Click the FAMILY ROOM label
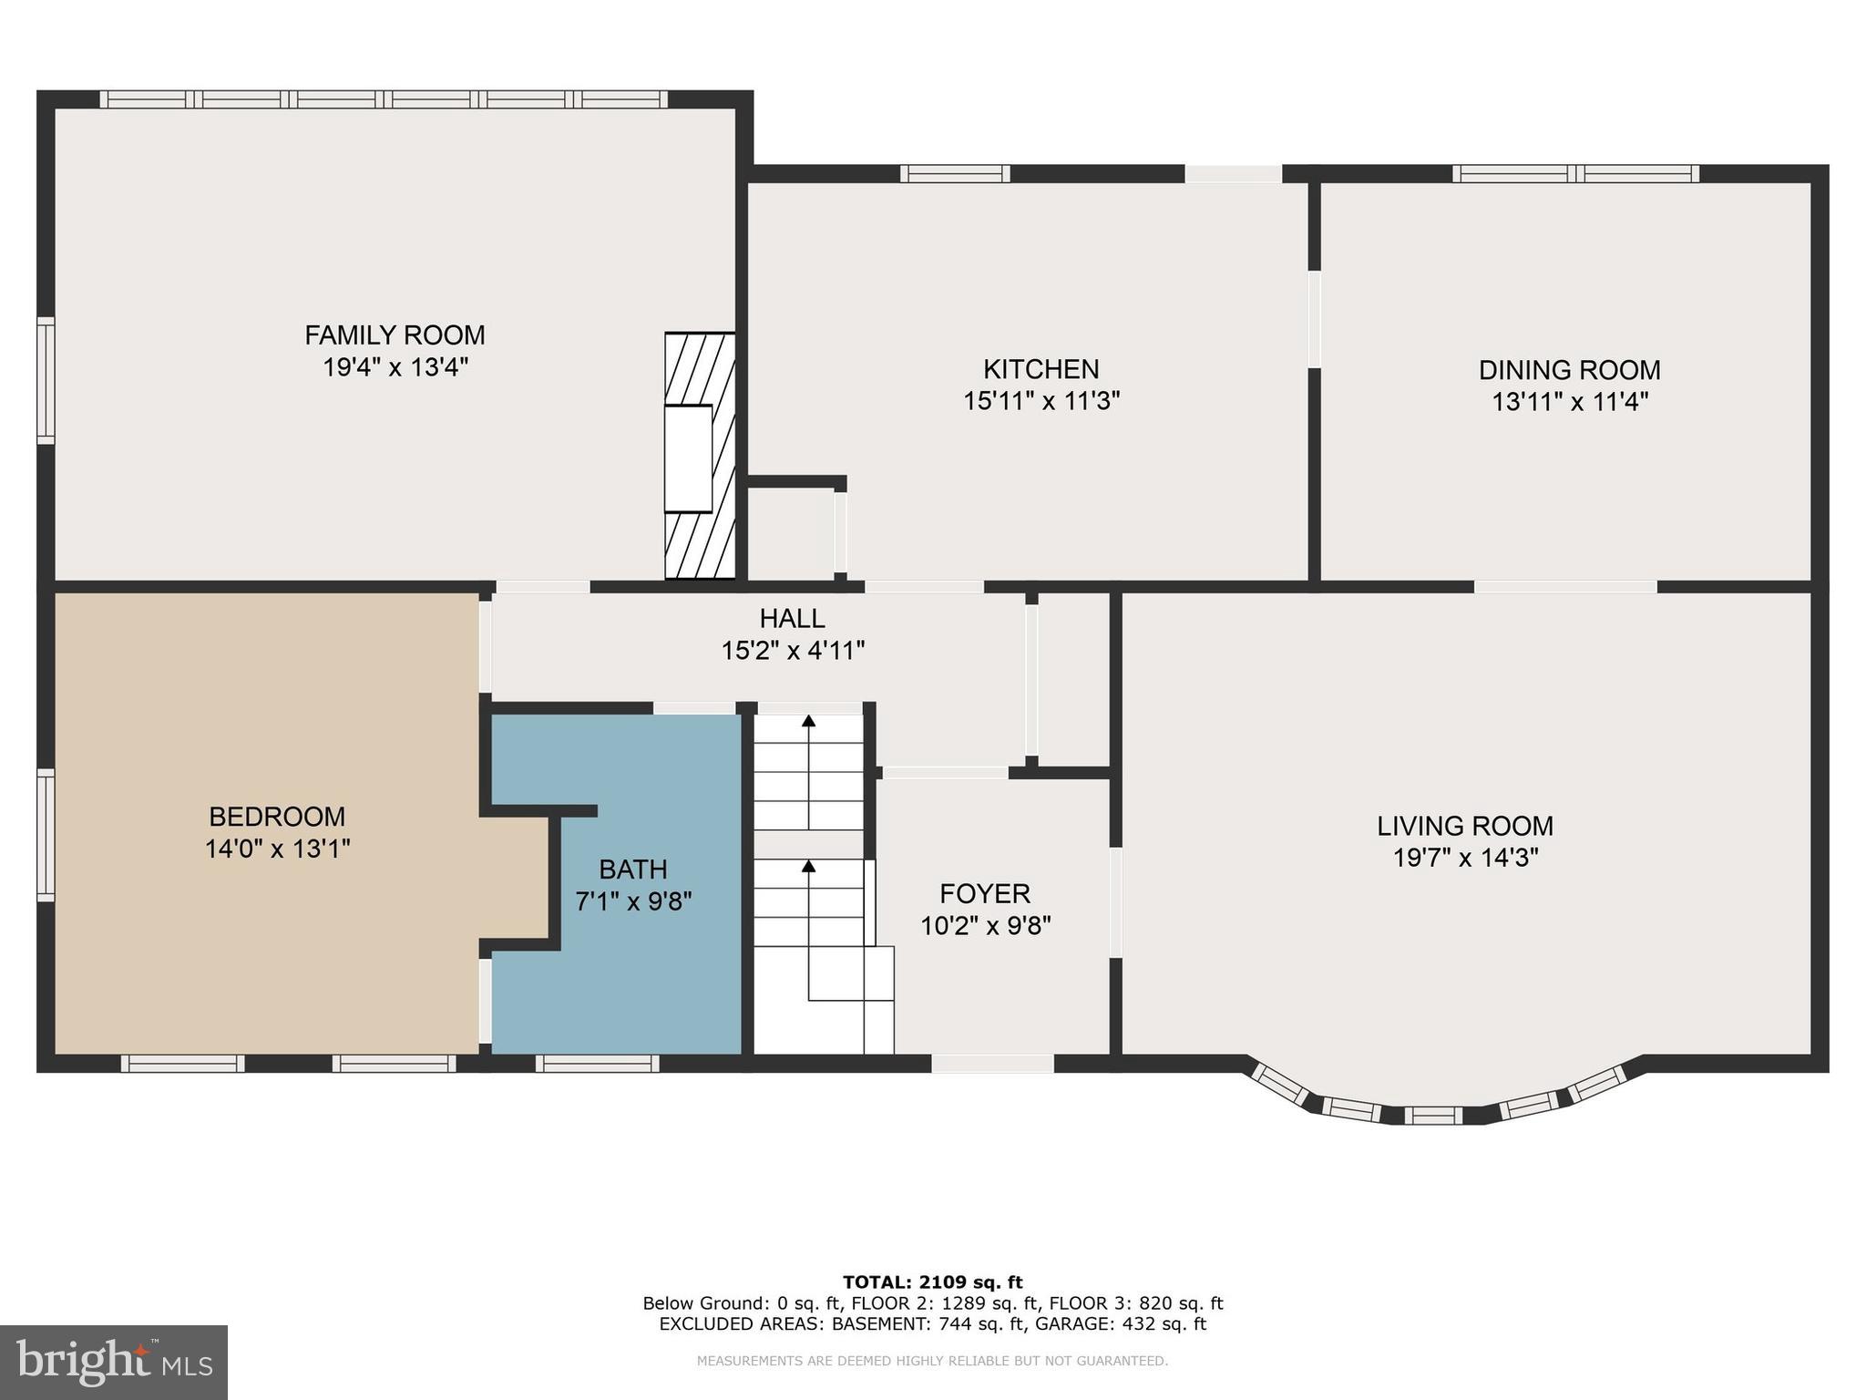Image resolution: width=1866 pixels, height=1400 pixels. (395, 335)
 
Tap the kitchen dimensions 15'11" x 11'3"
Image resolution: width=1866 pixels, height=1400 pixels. (1041, 401)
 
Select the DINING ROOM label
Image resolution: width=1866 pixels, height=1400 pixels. (1569, 370)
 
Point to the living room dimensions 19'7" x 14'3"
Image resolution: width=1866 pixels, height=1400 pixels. (1465, 858)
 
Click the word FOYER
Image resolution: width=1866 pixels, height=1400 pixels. (985, 893)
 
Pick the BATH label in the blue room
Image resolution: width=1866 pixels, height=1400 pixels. (633, 869)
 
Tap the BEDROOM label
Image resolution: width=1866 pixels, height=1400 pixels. (277, 816)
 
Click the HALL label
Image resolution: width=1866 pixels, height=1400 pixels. (792, 619)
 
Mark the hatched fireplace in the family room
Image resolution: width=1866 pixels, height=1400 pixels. (700, 456)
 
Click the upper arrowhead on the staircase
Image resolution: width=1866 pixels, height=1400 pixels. (808, 722)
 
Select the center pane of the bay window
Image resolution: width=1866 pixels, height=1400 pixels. (1432, 1115)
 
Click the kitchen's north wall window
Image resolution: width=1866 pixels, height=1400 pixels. (955, 173)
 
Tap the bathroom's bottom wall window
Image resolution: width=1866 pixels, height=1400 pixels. (597, 1063)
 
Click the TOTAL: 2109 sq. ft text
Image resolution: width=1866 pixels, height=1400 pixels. (932, 1282)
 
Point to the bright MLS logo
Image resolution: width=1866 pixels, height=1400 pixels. (114, 1362)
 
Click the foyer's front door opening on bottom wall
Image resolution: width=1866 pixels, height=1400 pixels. (992, 1063)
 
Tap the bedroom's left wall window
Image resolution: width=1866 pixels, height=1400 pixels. (46, 834)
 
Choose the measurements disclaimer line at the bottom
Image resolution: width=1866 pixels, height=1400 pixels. (932, 1361)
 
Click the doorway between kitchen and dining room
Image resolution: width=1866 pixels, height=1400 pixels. (1314, 319)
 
